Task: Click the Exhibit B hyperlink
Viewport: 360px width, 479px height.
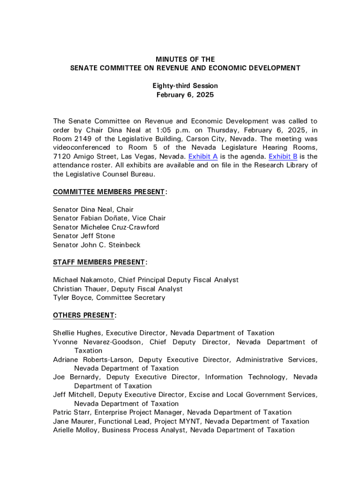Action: pos(283,157)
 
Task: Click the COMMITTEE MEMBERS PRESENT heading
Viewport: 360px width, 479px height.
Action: pos(109,192)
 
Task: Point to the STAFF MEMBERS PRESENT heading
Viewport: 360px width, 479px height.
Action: pos(99,262)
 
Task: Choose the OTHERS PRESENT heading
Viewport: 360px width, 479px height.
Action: pos(84,315)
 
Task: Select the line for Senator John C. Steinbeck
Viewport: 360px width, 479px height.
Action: pos(96,245)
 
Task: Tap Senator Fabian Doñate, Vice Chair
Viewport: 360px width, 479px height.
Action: pos(109,218)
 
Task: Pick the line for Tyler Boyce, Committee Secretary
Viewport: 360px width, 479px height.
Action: pos(109,298)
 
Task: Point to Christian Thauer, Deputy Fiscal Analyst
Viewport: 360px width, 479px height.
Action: pos(118,289)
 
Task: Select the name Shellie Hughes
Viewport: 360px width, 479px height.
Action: pos(77,333)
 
